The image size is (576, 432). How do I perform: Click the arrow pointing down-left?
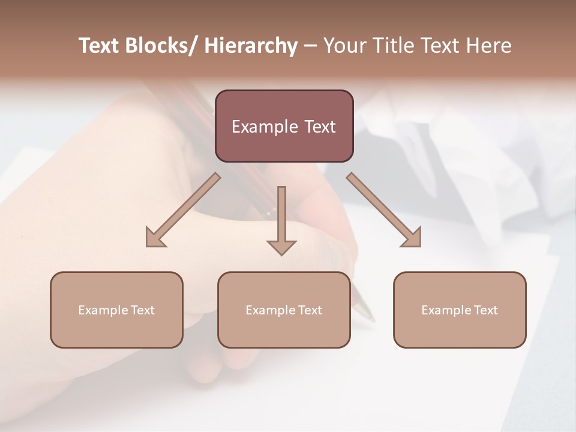click(x=183, y=210)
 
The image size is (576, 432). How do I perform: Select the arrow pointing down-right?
click(x=384, y=210)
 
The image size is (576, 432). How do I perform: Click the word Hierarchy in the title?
click(x=251, y=46)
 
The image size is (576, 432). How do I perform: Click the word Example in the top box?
click(x=262, y=127)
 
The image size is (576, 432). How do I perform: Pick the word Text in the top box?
click(x=317, y=127)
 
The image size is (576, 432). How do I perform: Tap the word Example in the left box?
click(x=102, y=310)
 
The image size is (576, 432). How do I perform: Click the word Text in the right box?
click(x=485, y=310)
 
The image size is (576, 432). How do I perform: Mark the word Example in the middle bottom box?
click(x=269, y=310)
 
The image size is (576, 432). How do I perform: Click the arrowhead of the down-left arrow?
click(x=155, y=238)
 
